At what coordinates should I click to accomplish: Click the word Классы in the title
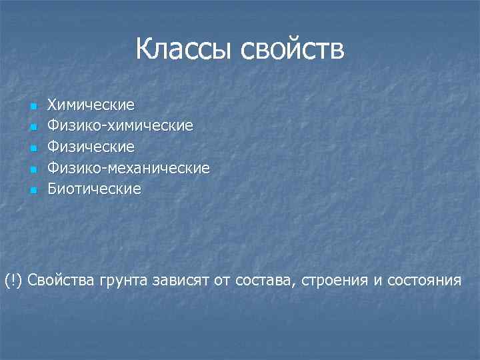click(185, 49)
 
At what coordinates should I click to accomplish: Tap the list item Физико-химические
click(121, 125)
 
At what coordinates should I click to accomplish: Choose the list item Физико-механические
click(128, 168)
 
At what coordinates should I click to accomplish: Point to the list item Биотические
click(94, 189)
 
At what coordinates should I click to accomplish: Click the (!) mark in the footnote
click(13, 280)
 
